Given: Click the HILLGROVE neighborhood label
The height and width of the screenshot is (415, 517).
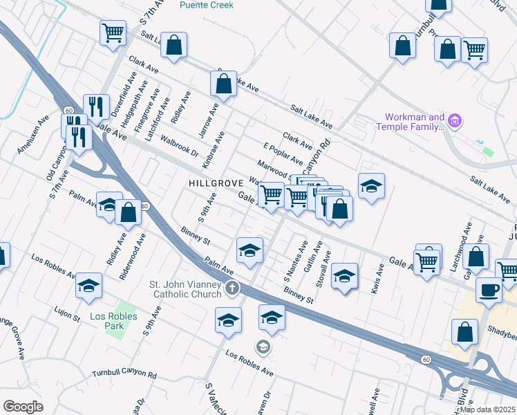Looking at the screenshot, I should [215, 183].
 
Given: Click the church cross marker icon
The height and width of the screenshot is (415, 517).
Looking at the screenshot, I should [232, 288].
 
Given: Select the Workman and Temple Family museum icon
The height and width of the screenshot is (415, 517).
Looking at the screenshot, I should [454, 122].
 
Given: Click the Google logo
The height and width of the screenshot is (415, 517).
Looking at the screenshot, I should [23, 407].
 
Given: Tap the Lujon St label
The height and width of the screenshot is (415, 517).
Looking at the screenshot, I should [68, 314].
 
